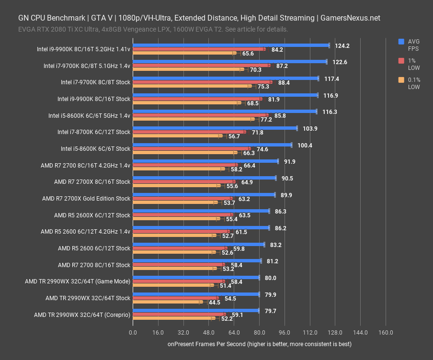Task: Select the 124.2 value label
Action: (x=342, y=46)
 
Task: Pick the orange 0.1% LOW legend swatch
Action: (x=401, y=80)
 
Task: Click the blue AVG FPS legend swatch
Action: (x=401, y=42)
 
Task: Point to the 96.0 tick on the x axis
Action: (x=285, y=332)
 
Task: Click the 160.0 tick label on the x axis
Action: (x=386, y=332)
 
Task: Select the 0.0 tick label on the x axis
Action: (x=133, y=332)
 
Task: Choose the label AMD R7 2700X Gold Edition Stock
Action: (x=86, y=199)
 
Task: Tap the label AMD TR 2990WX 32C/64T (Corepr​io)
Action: (x=82, y=315)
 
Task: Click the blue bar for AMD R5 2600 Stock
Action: (x=198, y=244)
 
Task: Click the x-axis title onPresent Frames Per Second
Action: (x=259, y=344)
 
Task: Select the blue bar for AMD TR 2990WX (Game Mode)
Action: (x=196, y=277)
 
